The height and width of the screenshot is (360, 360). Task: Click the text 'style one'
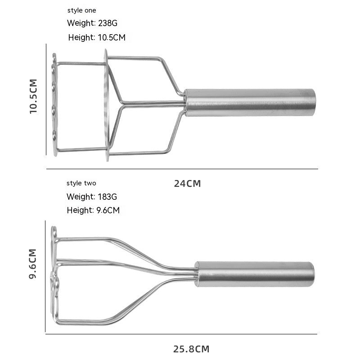point(81,10)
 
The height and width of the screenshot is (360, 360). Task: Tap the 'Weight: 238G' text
point(92,23)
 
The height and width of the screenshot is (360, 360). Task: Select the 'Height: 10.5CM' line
point(97,37)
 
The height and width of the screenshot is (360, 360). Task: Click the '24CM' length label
point(187,184)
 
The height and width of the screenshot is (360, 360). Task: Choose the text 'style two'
point(81,183)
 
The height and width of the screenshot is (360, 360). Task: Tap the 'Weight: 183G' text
point(92,197)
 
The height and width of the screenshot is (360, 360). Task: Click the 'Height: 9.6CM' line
point(93,210)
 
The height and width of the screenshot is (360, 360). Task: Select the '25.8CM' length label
point(191,349)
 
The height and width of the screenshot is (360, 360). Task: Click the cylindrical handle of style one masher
point(250,103)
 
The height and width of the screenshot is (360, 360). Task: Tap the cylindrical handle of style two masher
point(254,274)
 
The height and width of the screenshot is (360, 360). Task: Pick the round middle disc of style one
point(107,104)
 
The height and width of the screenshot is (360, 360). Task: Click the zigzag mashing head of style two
point(54,274)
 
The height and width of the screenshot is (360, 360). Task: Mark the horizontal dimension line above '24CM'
point(182,169)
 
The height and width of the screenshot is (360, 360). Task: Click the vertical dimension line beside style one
point(46,99)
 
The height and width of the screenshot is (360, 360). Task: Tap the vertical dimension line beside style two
point(45,276)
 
